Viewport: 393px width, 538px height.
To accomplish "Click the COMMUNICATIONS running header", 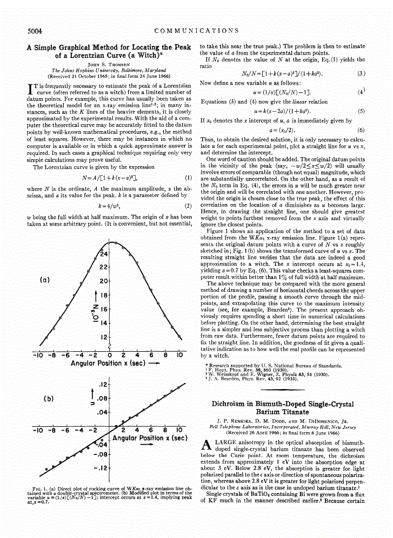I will point(196,30).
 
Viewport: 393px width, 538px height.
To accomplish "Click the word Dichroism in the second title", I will point(237,403).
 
